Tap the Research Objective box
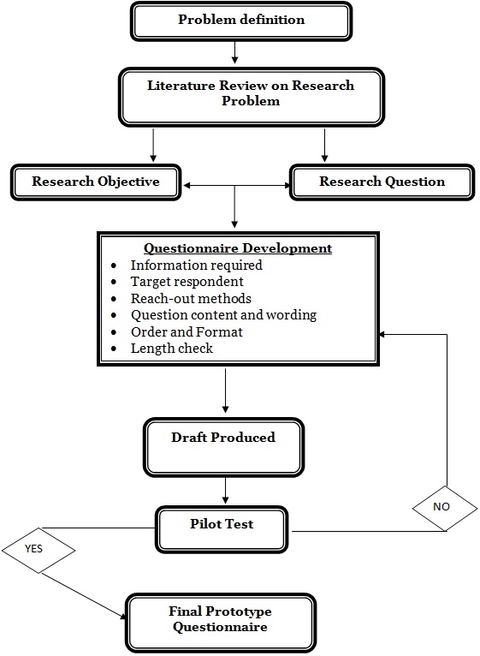(95, 182)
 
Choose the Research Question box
(382, 182)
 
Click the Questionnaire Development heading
(237, 248)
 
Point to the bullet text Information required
(196, 265)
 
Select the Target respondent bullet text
(187, 282)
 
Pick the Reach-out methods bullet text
(191, 298)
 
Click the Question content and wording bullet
(223, 315)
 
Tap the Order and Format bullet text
(187, 331)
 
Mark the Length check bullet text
(171, 349)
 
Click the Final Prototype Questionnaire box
(220, 619)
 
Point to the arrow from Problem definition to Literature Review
(234, 53)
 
